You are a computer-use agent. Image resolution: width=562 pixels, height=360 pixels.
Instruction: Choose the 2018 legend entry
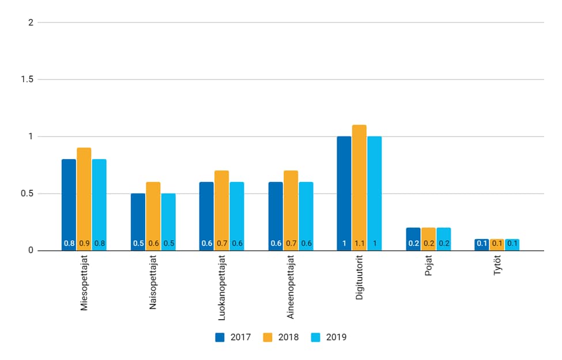(x=281, y=338)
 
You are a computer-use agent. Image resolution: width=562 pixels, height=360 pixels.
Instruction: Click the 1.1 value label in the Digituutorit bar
(x=359, y=244)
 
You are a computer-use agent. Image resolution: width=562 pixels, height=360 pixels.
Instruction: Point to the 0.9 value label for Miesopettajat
(x=84, y=244)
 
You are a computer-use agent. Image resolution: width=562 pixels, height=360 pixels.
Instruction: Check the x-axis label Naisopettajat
(x=153, y=286)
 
